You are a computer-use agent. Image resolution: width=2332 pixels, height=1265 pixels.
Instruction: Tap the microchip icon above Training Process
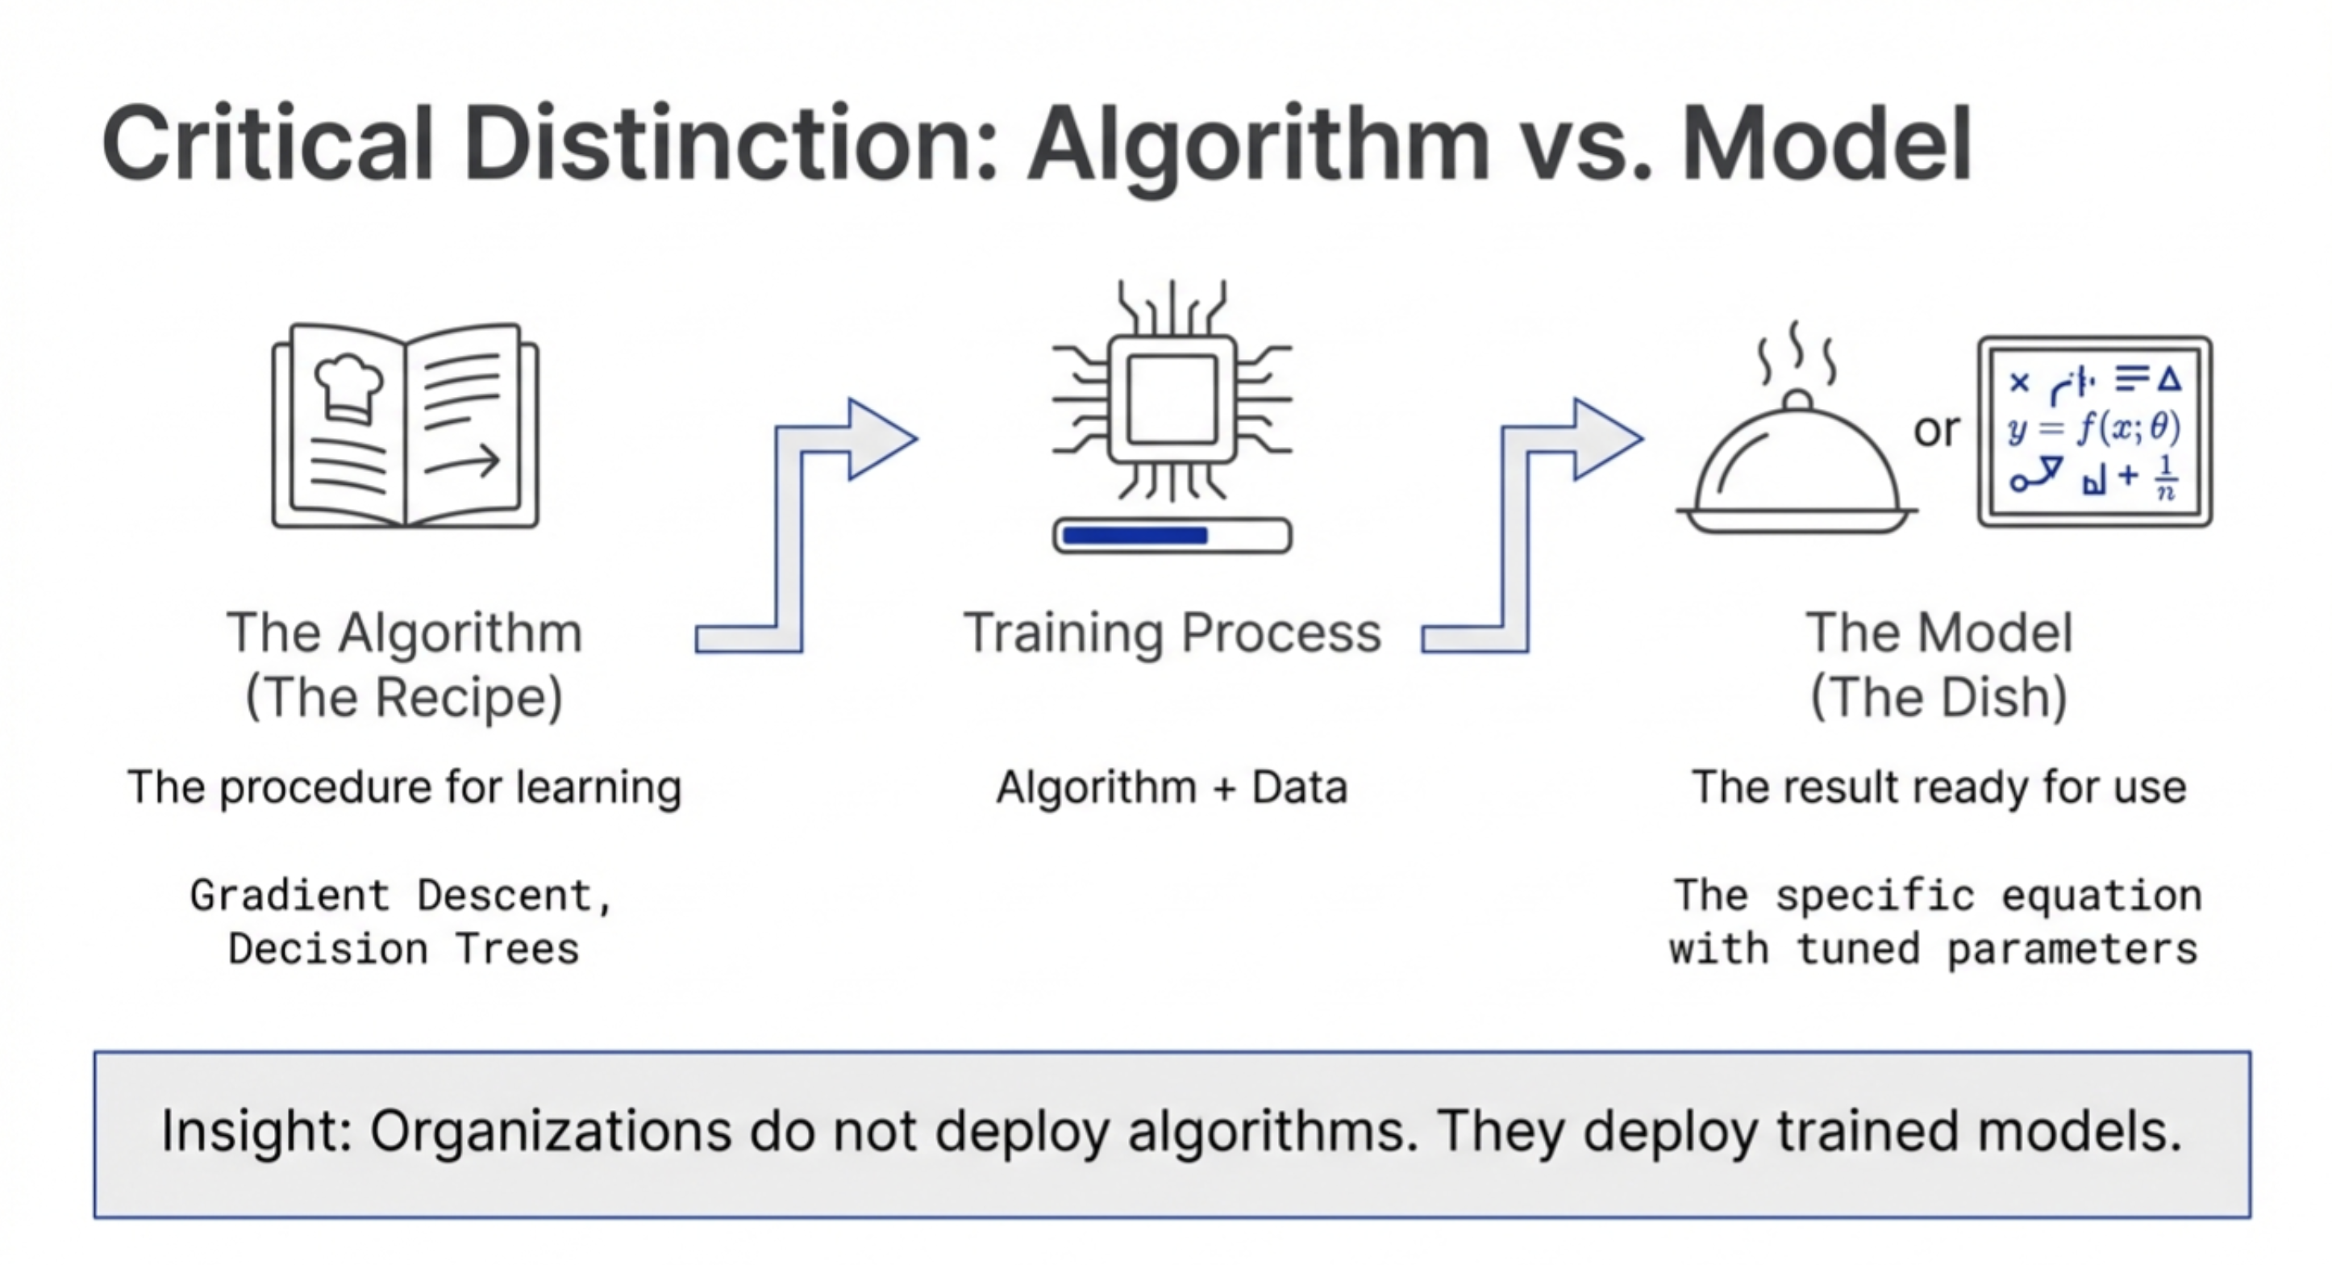tap(1172, 399)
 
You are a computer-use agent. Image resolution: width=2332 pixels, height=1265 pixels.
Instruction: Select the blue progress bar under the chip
tap(1135, 535)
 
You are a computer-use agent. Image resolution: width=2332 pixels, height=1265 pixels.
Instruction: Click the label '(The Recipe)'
tap(404, 697)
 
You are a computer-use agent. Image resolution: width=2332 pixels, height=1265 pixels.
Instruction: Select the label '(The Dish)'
tap(1938, 697)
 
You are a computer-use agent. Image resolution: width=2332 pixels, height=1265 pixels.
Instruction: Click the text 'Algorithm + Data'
tap(1172, 787)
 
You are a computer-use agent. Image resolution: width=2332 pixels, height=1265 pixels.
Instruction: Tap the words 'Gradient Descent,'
tap(402, 896)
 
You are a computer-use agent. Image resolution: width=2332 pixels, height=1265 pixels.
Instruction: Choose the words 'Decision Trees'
tap(404, 949)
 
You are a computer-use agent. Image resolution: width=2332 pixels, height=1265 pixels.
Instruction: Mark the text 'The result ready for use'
tap(1938, 787)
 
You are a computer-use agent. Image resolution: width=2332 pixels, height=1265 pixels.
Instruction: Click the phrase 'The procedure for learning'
tap(404, 787)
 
